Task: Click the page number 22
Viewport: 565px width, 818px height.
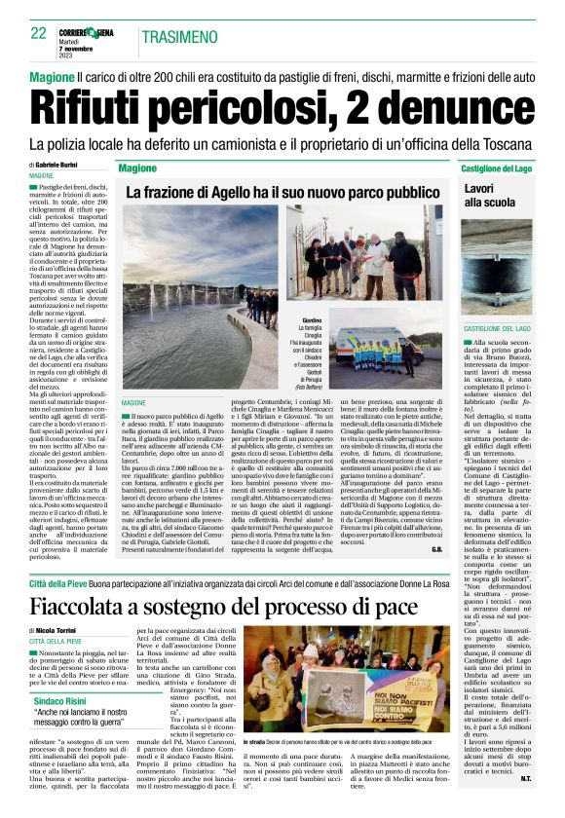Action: pyautogui.click(x=39, y=32)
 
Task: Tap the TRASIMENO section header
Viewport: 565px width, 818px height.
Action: pyautogui.click(x=179, y=37)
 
